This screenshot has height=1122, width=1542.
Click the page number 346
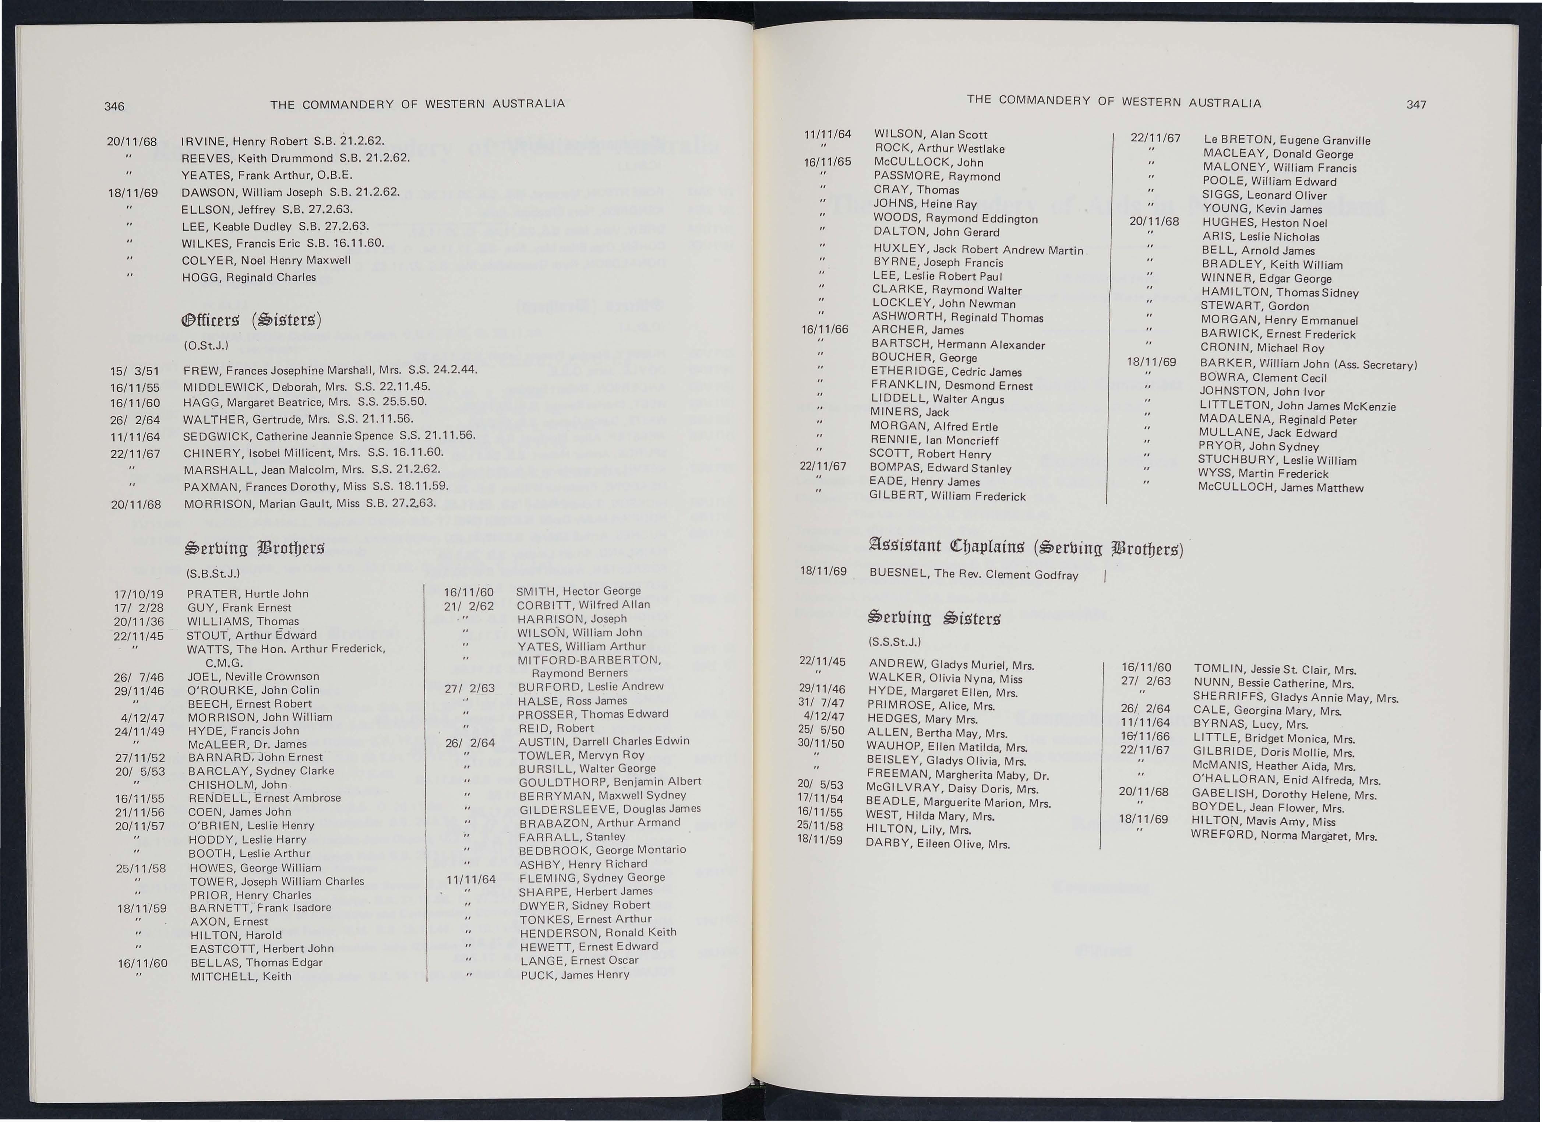pos(114,106)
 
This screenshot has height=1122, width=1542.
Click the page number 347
pos(1416,105)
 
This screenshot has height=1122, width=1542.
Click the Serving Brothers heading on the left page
pos(255,548)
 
